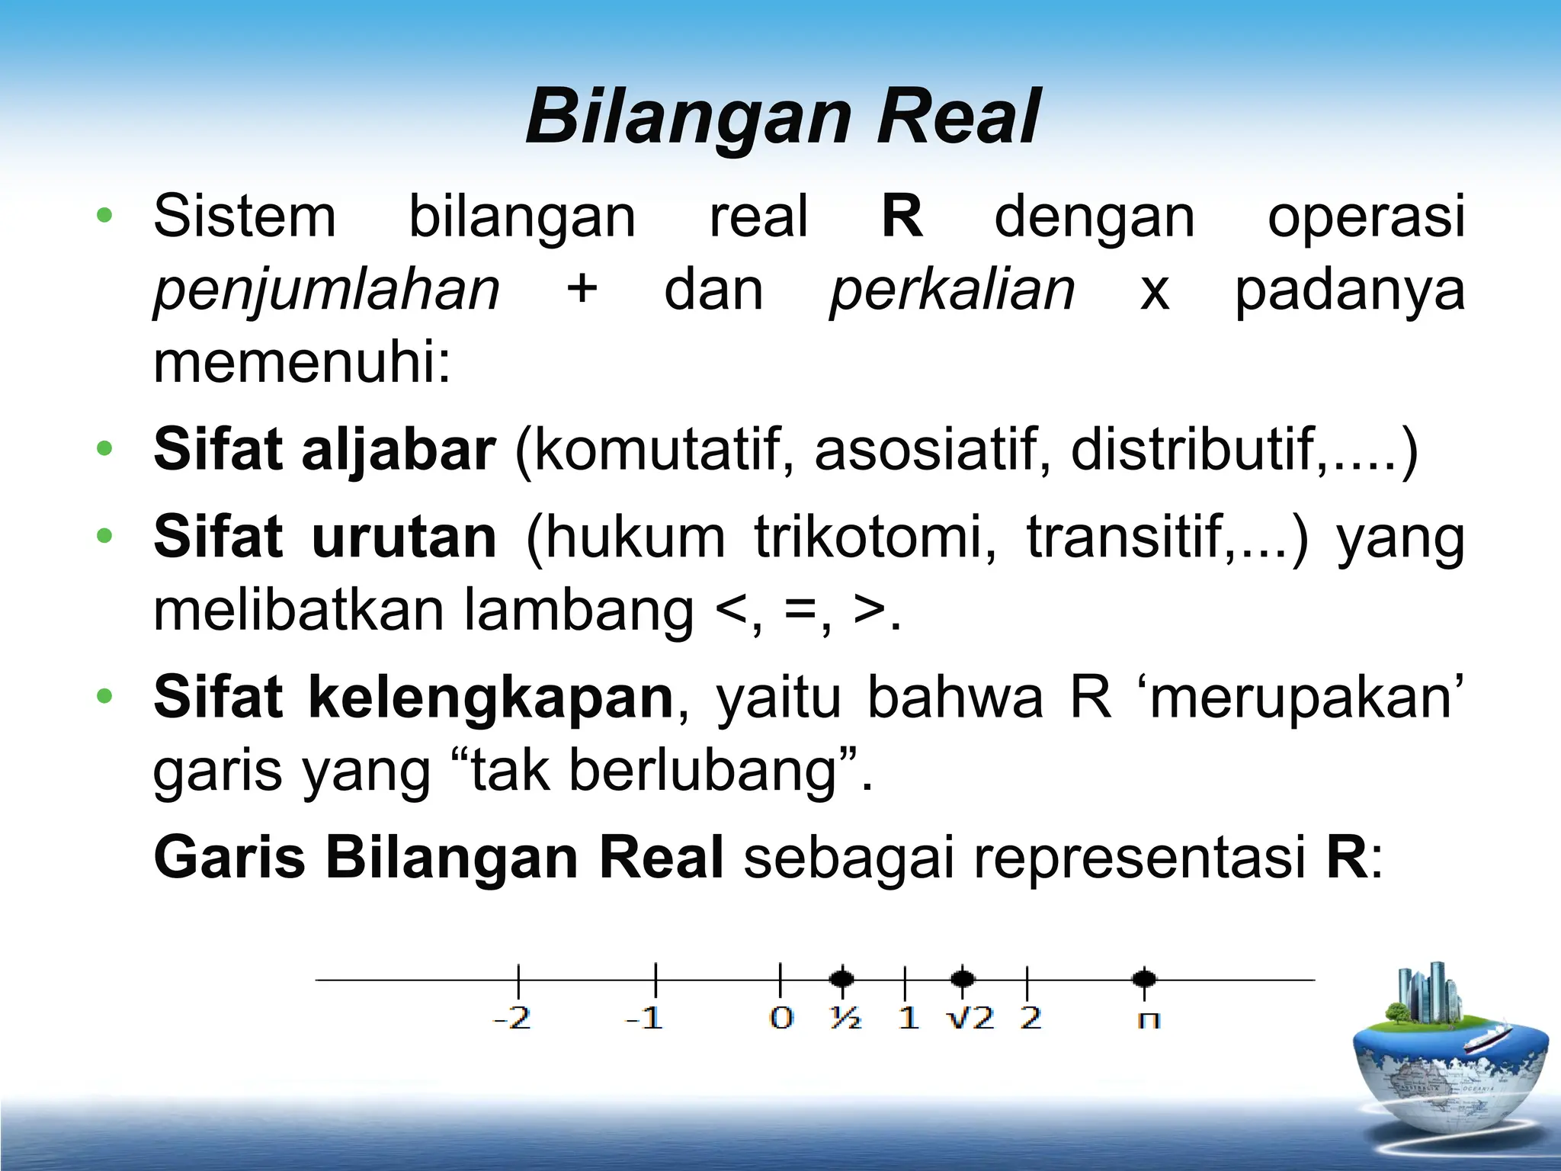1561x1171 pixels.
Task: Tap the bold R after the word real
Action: [x=902, y=217]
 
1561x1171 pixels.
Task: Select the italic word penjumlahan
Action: [x=326, y=290]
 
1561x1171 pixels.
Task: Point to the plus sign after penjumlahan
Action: [x=582, y=290]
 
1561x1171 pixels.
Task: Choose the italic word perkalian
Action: [x=952, y=290]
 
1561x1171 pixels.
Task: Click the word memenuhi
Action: [x=303, y=363]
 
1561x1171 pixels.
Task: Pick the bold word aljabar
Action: [x=399, y=450]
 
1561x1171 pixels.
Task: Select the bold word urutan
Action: [x=404, y=537]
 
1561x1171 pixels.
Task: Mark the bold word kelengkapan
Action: [x=490, y=698]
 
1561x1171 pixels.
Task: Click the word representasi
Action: [x=1139, y=858]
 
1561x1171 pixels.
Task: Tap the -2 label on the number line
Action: [x=511, y=1019]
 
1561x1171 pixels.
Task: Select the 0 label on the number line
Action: [x=781, y=1019]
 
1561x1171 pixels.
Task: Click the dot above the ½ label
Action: [x=841, y=978]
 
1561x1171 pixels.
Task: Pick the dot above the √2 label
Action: [x=963, y=978]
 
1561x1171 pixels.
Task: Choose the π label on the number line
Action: [x=1148, y=1020]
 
